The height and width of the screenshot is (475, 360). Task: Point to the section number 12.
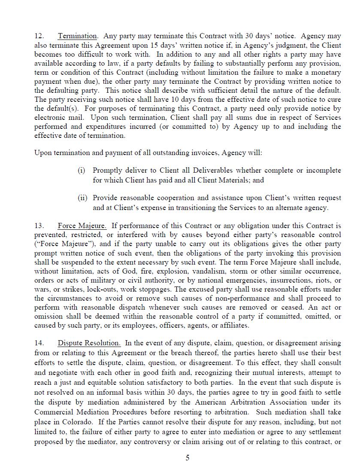pyautogui.click(x=39, y=36)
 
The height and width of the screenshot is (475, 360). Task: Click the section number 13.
pyautogui.click(x=39, y=225)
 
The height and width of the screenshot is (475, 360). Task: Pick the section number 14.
pyautogui.click(x=39, y=343)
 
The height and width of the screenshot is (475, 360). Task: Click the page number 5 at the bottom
pyautogui.click(x=188, y=458)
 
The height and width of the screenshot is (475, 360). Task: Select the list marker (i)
pyautogui.click(x=82, y=171)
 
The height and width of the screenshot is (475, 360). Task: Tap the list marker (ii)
pyautogui.click(x=82, y=198)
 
